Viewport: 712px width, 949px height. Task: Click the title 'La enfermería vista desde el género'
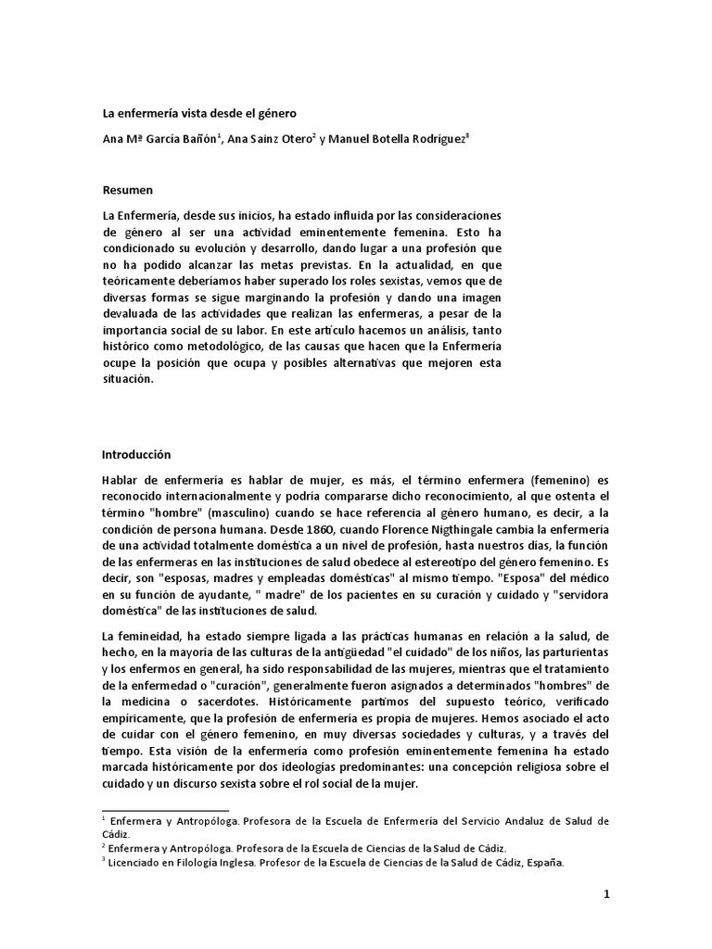tap(198, 114)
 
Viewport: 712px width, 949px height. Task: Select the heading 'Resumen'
tap(127, 189)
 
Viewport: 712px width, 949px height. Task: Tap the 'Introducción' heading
tap(137, 455)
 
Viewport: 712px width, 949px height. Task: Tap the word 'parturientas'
tap(566, 652)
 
